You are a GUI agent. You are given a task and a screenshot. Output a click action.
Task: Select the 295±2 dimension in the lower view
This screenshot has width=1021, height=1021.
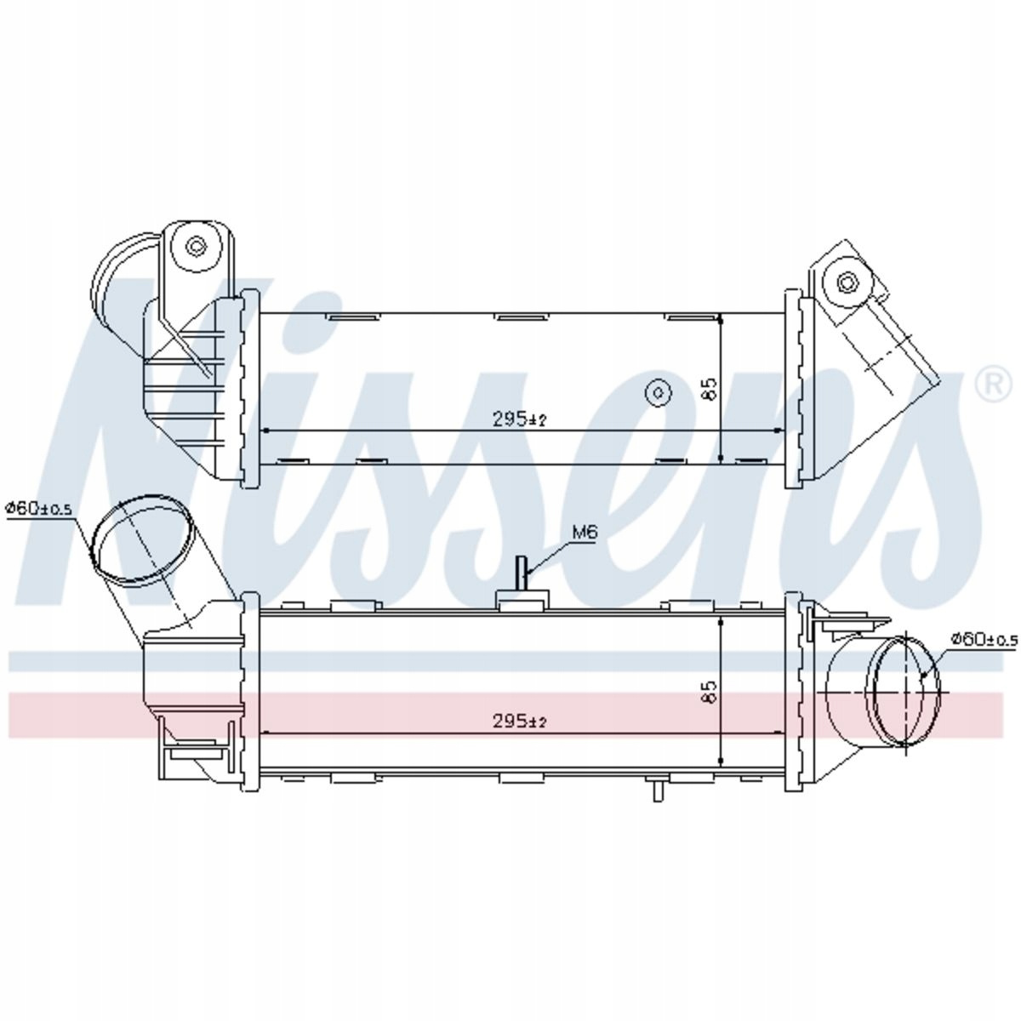519,722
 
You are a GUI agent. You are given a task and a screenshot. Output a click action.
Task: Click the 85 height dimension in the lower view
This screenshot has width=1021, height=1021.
710,692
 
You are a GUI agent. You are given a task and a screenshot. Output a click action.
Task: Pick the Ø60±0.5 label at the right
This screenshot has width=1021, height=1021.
984,638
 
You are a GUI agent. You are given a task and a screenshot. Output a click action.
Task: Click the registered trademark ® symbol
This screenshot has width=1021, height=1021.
994,385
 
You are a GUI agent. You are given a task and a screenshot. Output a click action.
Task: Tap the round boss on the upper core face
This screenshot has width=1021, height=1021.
659,392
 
